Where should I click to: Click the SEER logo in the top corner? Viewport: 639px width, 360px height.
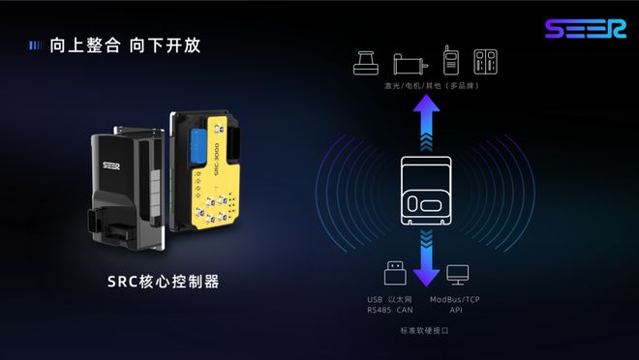584,30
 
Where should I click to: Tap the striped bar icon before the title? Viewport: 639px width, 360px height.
35,45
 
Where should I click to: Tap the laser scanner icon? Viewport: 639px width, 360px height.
366,61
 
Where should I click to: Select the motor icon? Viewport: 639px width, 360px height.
409,63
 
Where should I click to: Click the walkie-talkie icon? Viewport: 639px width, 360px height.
450,61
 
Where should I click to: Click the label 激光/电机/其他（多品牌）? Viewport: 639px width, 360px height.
426,86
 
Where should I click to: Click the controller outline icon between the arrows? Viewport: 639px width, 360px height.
426,188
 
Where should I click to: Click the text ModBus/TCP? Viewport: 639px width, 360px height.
457,299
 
